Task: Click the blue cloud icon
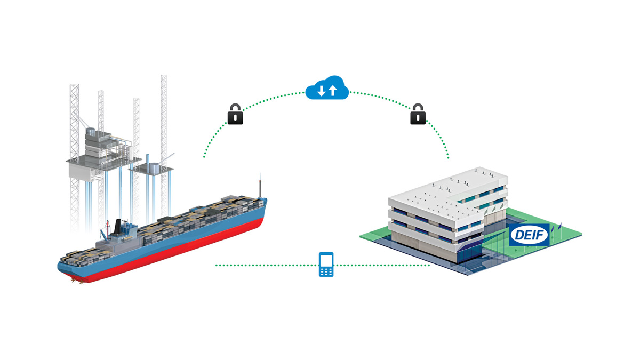pyautogui.click(x=327, y=88)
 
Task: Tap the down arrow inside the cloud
pyautogui.click(x=321, y=91)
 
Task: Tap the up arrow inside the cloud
pyautogui.click(x=333, y=91)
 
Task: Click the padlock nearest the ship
pyautogui.click(x=236, y=115)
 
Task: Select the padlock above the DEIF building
pyautogui.click(x=417, y=115)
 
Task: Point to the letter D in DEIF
pyautogui.click(x=517, y=234)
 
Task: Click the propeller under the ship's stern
pyautogui.click(x=79, y=281)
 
